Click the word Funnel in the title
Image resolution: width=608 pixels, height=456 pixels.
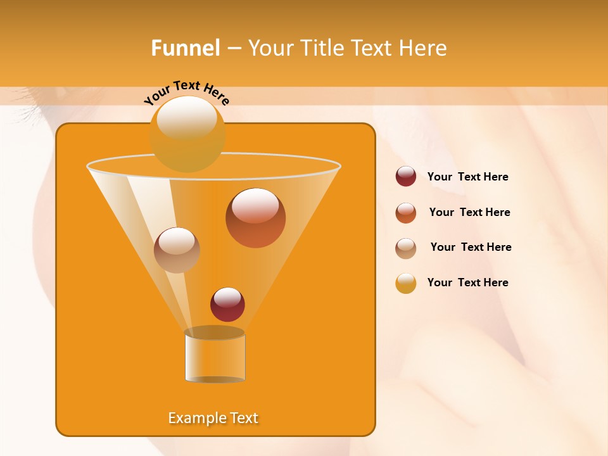click(185, 48)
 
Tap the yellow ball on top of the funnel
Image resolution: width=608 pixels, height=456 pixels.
click(187, 134)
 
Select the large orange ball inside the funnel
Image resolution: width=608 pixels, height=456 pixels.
click(255, 218)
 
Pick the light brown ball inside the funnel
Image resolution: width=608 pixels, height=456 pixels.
click(177, 250)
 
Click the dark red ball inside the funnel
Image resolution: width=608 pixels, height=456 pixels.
click(227, 305)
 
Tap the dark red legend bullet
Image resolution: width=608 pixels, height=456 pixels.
click(406, 177)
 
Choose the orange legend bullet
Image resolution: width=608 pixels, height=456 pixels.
click(406, 213)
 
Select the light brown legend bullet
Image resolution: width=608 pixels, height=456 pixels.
click(406, 248)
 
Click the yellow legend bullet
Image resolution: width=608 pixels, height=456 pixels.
click(406, 283)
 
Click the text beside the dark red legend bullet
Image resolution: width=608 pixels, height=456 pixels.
click(467, 177)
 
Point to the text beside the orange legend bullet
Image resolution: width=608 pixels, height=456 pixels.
click(469, 212)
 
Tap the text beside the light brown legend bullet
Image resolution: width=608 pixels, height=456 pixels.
click(471, 247)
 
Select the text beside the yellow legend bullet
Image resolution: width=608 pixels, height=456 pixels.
click(467, 282)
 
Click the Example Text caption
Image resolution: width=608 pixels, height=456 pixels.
click(213, 418)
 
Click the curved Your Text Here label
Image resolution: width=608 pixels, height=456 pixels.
click(187, 92)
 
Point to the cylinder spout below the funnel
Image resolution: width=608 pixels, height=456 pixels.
click(215, 356)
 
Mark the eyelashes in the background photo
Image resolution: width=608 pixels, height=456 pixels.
click(28, 114)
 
